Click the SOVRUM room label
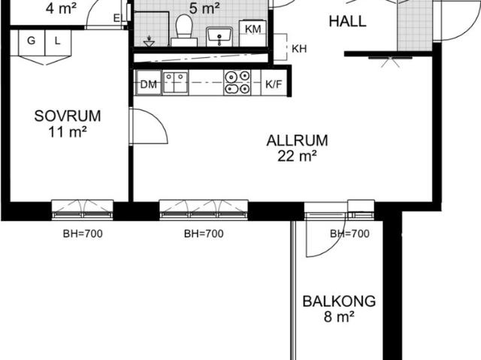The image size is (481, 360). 68,116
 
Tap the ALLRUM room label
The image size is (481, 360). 298,141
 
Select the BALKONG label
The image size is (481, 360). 339,301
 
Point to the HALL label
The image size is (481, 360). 347,22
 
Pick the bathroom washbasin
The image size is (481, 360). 219,37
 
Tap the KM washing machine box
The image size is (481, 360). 253,33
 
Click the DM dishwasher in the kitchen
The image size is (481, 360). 149,83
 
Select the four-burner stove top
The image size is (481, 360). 237,82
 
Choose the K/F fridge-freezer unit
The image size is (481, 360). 274,83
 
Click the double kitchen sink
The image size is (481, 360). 175,83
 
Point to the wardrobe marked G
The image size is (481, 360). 32,43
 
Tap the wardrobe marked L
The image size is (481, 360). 59,43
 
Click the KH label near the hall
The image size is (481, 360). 299,49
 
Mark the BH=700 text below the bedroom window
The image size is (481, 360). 83,234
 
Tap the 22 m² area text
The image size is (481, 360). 297,156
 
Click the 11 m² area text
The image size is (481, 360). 68,132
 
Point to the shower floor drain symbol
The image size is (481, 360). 149,41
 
